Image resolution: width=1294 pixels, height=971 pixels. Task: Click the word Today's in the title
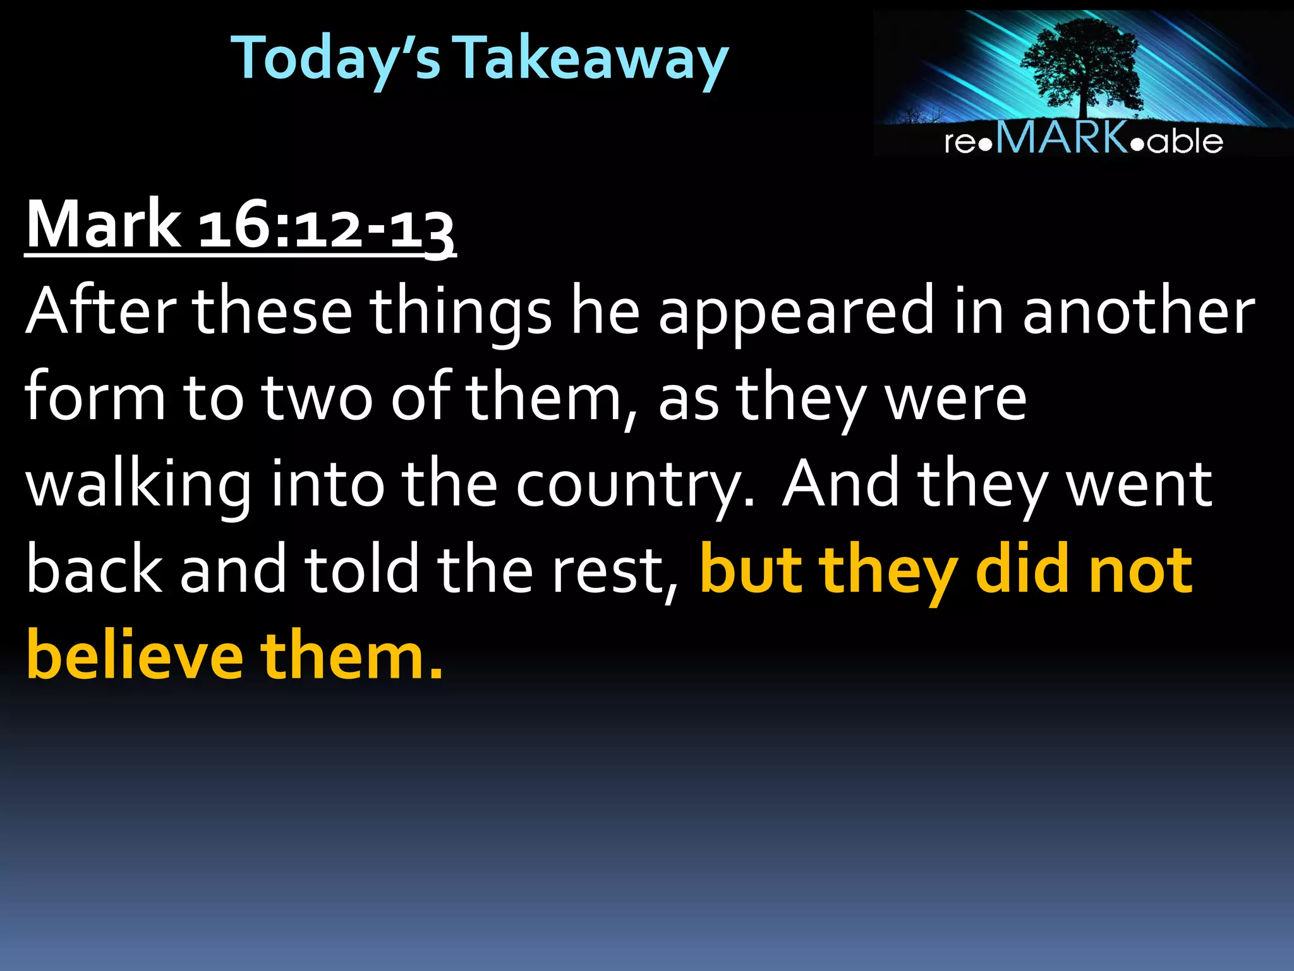(x=336, y=58)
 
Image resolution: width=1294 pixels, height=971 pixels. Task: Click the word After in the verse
(x=101, y=311)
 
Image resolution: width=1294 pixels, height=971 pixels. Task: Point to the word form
(x=95, y=397)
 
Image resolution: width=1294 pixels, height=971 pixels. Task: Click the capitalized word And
(x=840, y=484)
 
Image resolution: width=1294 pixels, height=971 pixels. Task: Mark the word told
(x=363, y=569)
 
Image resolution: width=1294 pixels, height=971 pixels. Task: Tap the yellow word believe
(x=135, y=656)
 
